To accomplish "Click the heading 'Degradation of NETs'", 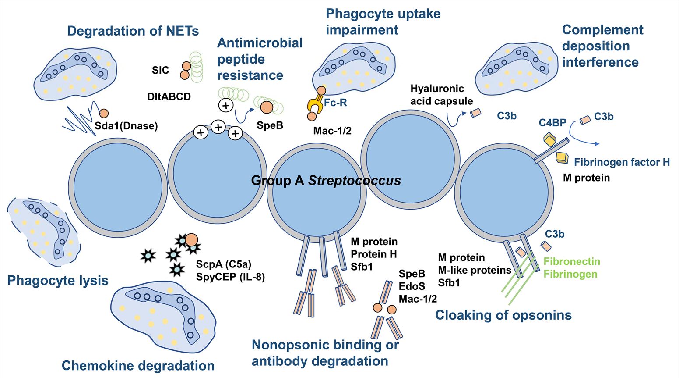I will point(133,31).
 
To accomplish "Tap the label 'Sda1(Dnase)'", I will point(126,126).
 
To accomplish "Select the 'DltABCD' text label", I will point(169,96).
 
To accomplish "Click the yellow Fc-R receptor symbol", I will point(316,105).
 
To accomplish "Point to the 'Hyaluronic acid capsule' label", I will point(441,95).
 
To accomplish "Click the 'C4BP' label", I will point(552,123).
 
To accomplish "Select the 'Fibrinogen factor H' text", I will point(622,162).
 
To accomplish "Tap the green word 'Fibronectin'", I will point(572,262).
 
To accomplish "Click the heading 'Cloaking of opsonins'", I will point(503,315).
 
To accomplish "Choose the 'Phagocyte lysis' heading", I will point(58,281).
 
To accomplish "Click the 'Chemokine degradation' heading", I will point(138,366).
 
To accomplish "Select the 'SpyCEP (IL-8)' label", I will point(230,277).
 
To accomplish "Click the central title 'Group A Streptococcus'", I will point(326,180).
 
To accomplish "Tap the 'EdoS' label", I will point(412,286).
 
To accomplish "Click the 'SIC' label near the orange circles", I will point(160,70).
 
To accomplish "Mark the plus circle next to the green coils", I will point(226,105).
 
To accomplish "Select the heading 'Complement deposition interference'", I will point(602,46).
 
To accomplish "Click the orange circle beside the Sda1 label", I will point(104,114).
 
